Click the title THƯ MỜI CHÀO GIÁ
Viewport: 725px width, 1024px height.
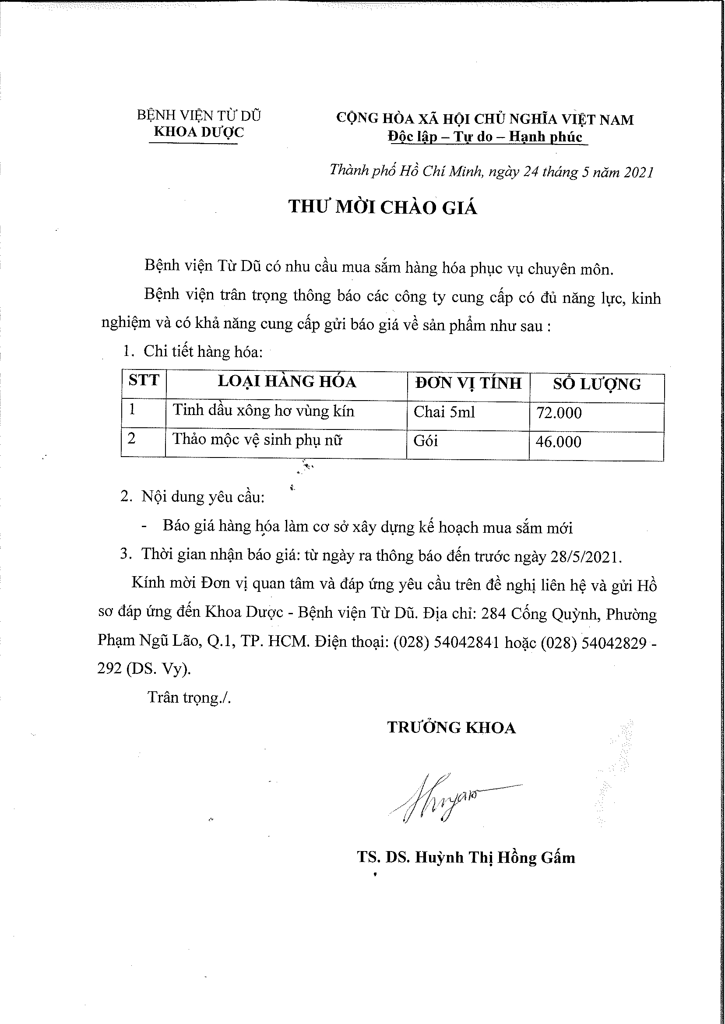383,208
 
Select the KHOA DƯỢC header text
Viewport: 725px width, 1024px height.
199,132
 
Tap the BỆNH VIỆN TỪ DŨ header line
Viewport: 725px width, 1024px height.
199,116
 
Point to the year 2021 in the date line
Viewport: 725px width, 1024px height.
638,172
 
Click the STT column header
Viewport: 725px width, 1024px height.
143,380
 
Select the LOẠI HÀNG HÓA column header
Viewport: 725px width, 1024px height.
287,382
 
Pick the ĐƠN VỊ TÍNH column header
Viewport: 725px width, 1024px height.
468,383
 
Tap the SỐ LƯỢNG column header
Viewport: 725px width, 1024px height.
596,384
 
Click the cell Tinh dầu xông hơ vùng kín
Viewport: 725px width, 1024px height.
264,411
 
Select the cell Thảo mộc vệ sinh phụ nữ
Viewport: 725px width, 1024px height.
257,440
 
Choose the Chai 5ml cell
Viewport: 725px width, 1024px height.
444,412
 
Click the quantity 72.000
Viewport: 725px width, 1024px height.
559,413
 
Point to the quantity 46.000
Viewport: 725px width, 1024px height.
559,442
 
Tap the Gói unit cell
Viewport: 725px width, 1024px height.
426,441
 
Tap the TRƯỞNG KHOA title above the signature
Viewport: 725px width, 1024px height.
451,728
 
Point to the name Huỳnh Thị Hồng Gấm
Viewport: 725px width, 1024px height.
495,858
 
